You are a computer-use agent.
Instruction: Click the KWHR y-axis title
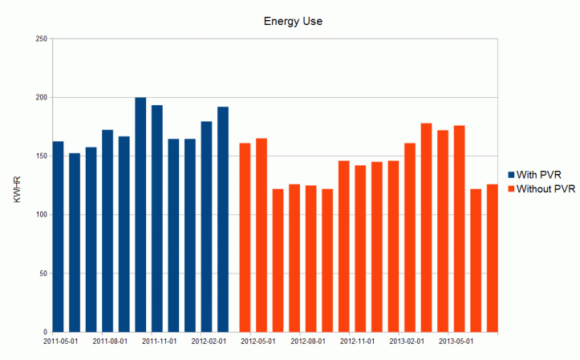[x=17, y=185]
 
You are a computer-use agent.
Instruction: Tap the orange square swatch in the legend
[x=511, y=188]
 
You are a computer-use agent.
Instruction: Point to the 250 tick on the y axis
[x=40, y=38]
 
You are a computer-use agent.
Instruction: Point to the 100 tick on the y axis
[x=40, y=215]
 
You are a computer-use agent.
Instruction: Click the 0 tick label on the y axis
[x=45, y=332]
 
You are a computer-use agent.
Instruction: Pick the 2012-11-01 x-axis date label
[x=358, y=341]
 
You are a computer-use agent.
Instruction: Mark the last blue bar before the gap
[x=223, y=219]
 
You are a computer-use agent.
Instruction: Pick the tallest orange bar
[x=426, y=228]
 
